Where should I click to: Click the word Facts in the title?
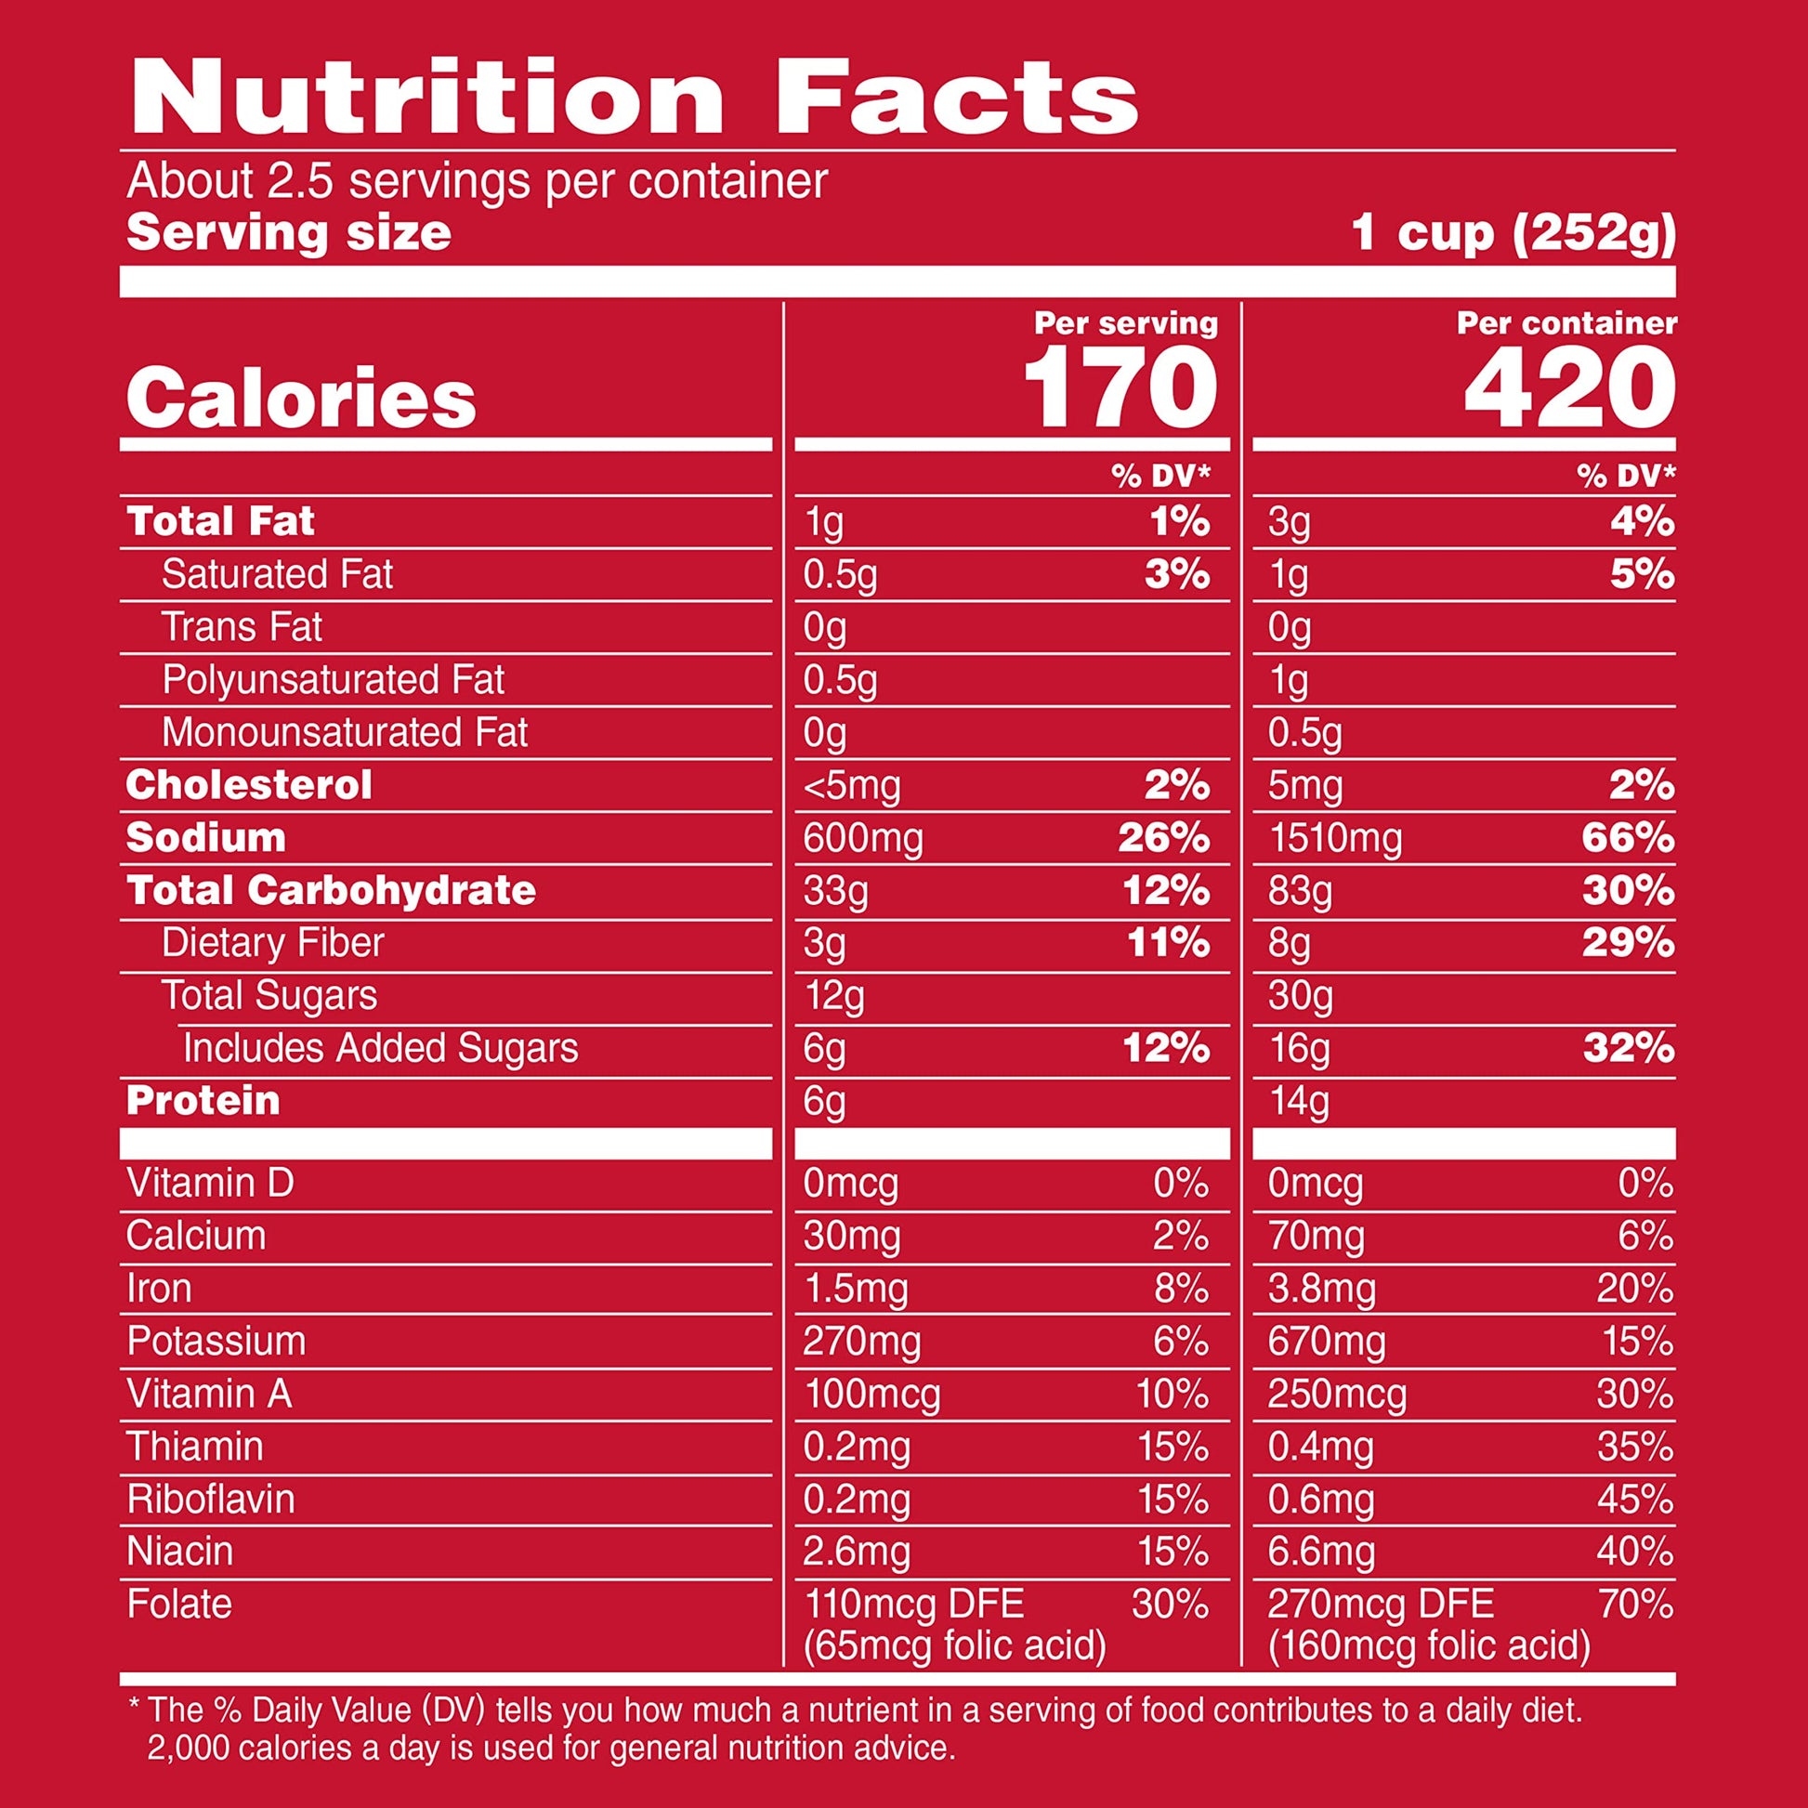[955, 98]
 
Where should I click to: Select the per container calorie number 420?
[1569, 386]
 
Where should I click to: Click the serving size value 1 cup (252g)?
[1513, 233]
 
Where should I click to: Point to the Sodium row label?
[206, 837]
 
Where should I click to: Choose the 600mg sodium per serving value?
[862, 838]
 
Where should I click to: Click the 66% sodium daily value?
[1628, 838]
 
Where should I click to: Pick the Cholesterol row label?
[249, 785]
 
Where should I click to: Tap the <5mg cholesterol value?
[851, 786]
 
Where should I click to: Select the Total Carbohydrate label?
[332, 890]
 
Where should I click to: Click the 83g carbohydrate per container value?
[1299, 891]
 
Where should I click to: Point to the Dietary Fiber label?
[272, 942]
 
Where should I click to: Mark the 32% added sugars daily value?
[1628, 1048]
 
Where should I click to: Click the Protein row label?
[203, 1101]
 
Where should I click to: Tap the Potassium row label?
[216, 1341]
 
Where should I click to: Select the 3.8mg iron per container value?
[1321, 1289]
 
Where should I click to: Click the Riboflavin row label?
[211, 1499]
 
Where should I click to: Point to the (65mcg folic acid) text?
[954, 1644]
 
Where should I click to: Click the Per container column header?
[1566, 324]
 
